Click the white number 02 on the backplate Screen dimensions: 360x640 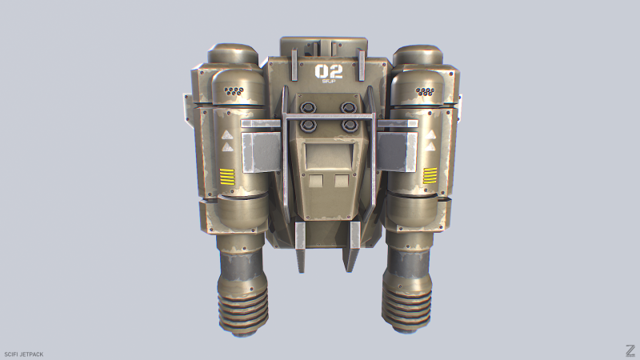[x=329, y=71]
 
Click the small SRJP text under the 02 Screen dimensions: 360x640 [x=329, y=82]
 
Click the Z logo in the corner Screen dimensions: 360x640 [x=630, y=350]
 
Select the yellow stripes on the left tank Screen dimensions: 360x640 [x=229, y=177]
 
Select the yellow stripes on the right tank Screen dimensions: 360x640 [x=430, y=177]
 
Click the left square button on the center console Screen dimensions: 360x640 [x=316, y=182]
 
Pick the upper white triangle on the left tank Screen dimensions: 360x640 [x=227, y=135]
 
